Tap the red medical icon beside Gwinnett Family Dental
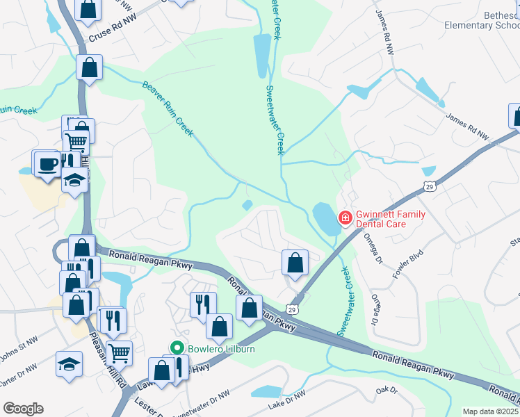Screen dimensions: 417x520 tap(344, 219)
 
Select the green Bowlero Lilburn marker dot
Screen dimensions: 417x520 tap(177, 347)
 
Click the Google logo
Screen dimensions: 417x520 tap(23, 409)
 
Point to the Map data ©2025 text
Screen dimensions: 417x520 tap(490, 411)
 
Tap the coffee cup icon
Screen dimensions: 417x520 tap(47, 164)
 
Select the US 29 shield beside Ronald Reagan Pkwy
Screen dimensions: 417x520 tap(293, 309)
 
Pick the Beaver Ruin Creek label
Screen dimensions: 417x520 tap(168, 108)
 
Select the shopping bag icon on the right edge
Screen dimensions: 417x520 tap(515, 115)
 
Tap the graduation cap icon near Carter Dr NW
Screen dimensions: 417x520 tap(70, 364)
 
